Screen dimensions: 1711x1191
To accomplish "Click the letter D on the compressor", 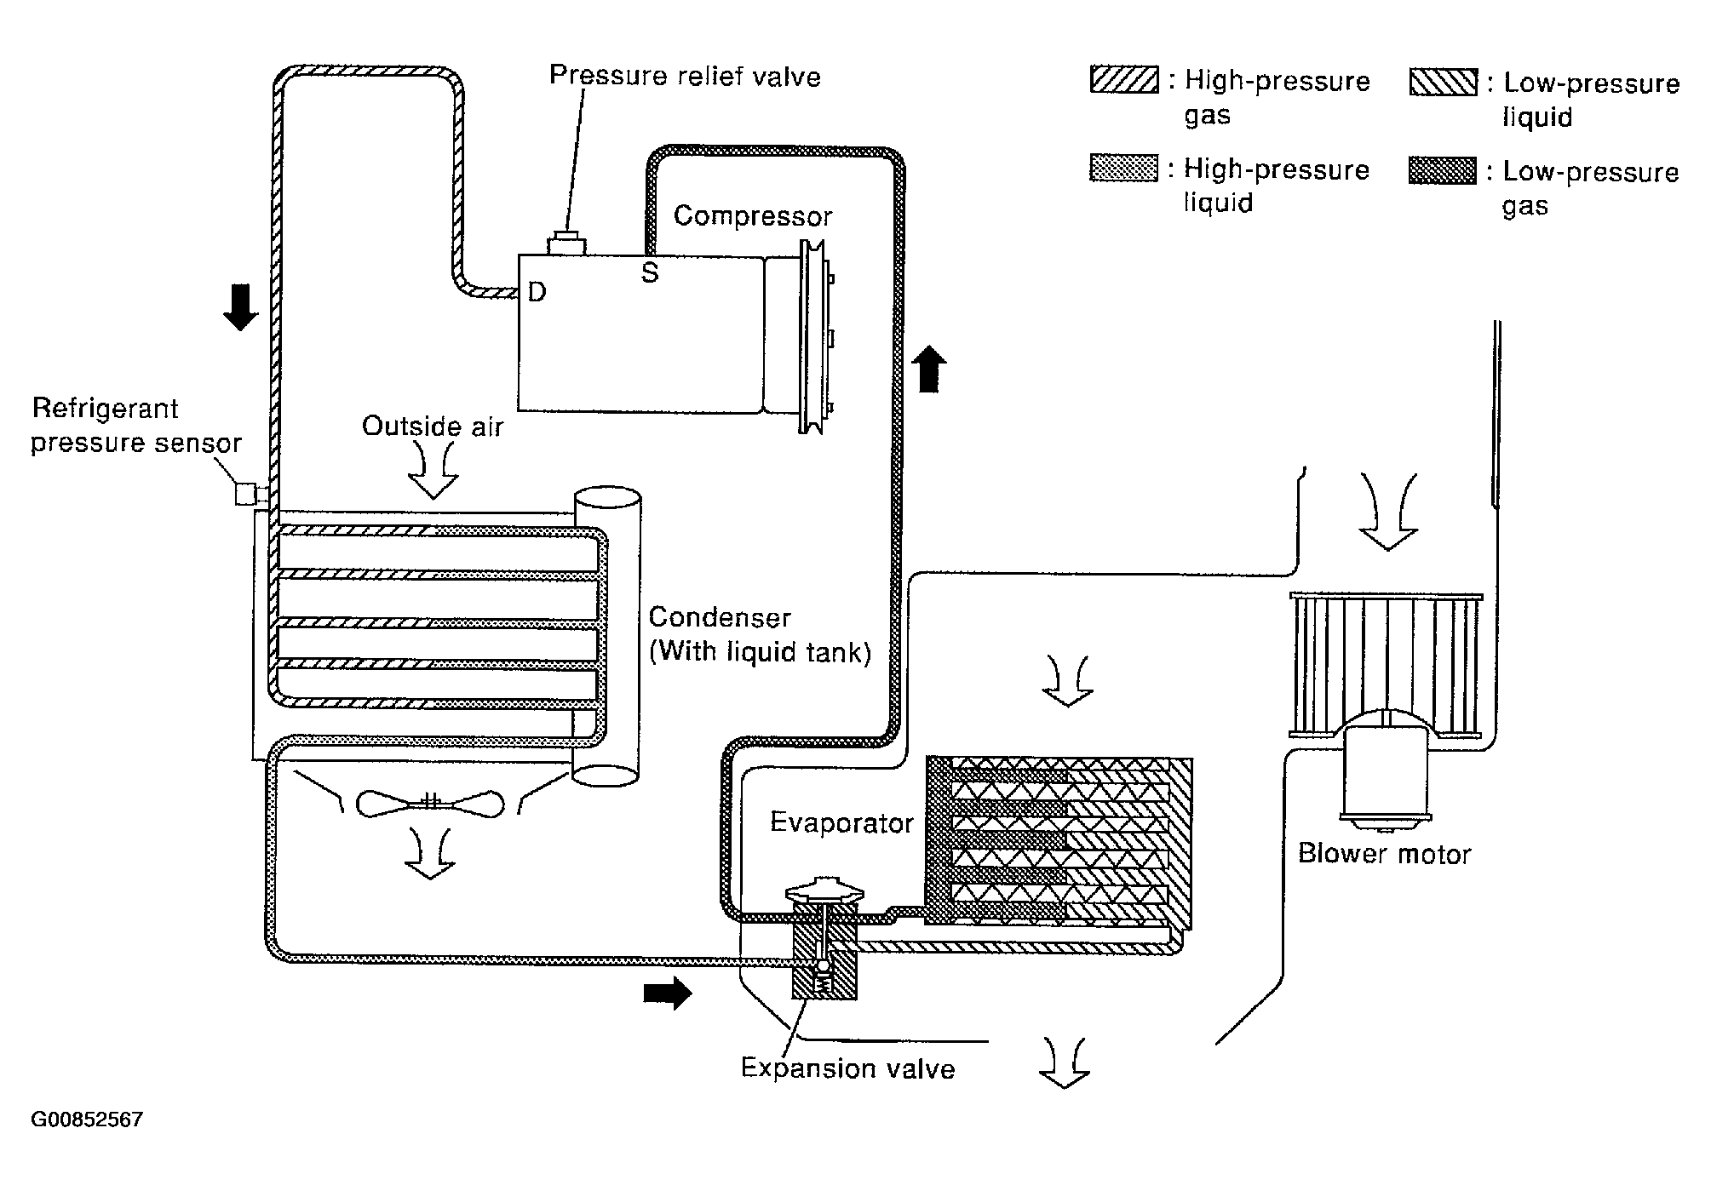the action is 537,293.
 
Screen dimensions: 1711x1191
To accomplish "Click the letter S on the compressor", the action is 650,273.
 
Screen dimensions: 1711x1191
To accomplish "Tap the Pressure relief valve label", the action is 685,76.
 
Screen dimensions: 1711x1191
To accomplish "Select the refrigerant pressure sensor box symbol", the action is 246,494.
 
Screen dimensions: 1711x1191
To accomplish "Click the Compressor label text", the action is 753,216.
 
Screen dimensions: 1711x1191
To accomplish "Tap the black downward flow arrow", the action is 240,307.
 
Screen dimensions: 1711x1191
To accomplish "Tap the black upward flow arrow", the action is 928,369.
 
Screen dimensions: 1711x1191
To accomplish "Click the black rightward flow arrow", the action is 668,993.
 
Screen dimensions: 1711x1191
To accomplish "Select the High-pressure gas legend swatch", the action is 1124,80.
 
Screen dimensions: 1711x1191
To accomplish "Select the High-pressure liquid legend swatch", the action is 1124,168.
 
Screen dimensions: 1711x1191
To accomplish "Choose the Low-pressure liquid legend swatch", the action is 1444,82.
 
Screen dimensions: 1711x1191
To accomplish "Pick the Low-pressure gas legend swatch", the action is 1443,170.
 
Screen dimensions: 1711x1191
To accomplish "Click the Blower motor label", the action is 1385,854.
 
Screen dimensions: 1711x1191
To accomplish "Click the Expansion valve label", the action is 848,1068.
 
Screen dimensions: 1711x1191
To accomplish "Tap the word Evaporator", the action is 841,822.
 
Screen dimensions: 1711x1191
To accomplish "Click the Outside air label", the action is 433,426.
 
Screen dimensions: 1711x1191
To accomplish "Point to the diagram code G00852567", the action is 87,1119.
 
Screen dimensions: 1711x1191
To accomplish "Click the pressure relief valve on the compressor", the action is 566,243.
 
